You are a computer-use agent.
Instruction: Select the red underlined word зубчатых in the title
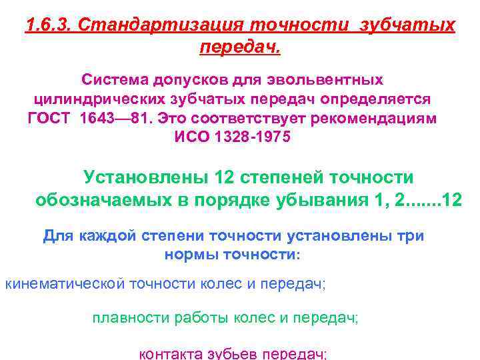tap(407, 26)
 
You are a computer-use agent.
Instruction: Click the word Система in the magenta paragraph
tap(110, 80)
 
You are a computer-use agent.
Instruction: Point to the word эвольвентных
tap(324, 80)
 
